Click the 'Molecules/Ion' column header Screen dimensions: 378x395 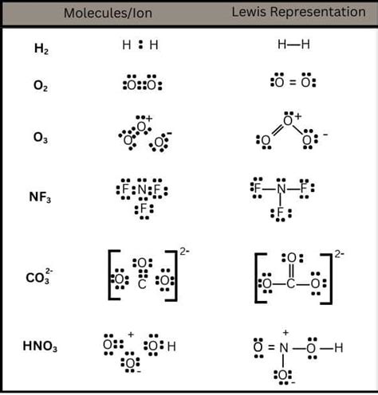(108, 13)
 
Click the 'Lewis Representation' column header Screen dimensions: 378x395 (298, 12)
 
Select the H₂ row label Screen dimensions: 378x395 (41, 49)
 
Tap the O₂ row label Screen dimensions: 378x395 (41, 86)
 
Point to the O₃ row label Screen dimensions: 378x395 (41, 138)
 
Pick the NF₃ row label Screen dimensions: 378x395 (40, 197)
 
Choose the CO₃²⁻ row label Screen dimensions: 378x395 (39, 277)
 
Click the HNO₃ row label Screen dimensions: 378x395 (40, 346)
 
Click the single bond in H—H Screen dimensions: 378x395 (293, 45)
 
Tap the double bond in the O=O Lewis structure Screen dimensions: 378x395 (293, 83)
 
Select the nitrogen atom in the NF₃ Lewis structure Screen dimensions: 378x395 (281, 189)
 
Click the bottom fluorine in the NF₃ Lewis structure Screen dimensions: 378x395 (280, 213)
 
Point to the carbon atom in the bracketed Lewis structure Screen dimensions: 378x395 (290, 284)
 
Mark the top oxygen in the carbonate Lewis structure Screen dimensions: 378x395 (292, 258)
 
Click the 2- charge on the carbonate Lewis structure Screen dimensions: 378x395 (340, 254)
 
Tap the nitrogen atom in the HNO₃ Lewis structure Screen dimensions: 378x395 (284, 348)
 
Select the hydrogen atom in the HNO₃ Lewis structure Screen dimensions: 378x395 (339, 348)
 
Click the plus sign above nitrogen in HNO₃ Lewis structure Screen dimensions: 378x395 (285, 332)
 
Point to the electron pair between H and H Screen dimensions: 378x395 (140, 45)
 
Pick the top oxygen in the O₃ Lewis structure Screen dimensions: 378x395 (288, 121)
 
